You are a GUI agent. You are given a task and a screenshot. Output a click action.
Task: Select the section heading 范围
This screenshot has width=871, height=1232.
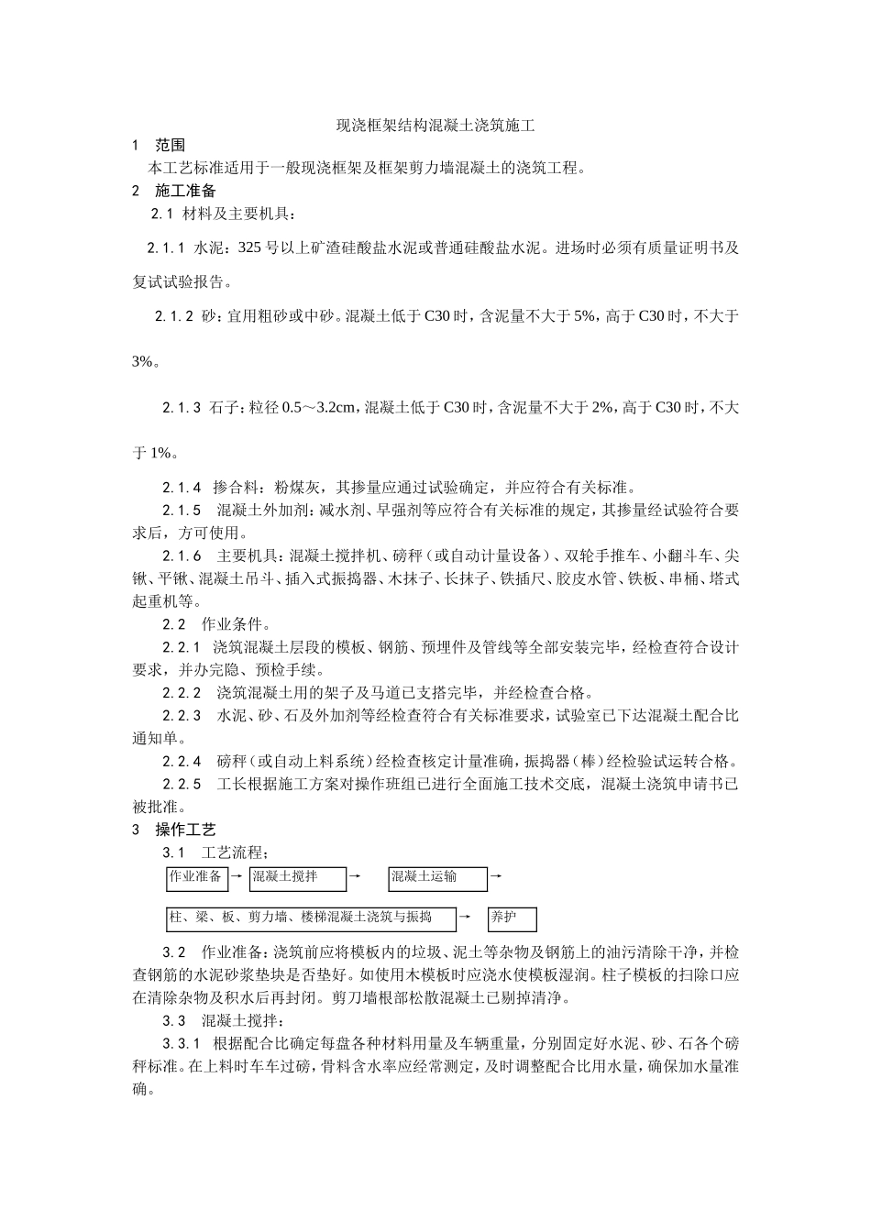tap(170, 145)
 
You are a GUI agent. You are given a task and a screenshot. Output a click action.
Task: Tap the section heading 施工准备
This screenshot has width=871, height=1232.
tap(185, 191)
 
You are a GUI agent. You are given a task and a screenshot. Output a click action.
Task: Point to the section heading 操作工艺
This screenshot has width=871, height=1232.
tap(185, 830)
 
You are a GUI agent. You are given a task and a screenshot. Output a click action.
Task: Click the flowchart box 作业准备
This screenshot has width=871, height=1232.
tap(195, 878)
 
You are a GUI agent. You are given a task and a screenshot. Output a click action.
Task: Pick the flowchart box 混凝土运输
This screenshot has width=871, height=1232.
tap(436, 878)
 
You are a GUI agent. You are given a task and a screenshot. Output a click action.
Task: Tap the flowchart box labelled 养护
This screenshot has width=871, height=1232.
tap(512, 918)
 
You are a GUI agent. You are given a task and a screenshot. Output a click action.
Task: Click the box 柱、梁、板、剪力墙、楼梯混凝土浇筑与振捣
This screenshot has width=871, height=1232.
tap(312, 918)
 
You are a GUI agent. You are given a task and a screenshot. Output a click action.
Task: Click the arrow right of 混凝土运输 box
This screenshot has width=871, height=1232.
tap(496, 876)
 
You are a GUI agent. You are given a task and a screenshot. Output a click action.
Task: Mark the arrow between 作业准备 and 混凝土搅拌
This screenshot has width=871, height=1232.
tap(236, 876)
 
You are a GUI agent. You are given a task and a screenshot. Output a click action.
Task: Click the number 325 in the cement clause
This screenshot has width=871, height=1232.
tap(249, 247)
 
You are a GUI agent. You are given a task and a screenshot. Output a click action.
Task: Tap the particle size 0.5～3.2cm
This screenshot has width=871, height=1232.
tap(321, 408)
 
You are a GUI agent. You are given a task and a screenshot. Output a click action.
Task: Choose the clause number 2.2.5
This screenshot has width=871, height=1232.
tap(182, 785)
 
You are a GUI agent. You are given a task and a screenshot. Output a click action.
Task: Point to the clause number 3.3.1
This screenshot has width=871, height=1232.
tap(182, 1044)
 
